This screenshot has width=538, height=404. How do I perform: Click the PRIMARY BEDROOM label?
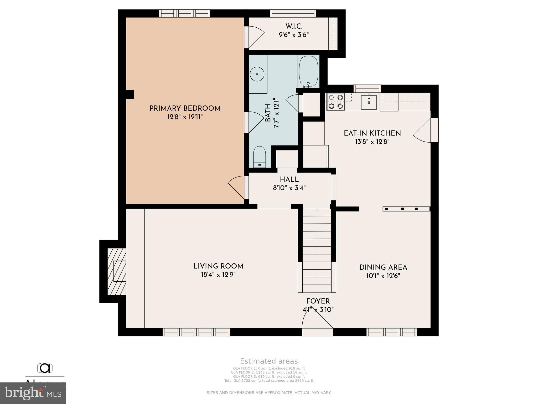(185, 108)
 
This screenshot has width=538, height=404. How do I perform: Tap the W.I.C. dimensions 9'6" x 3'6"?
(294, 35)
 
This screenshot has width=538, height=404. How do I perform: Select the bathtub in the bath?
(308, 71)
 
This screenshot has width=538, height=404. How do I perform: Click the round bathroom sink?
(257, 74)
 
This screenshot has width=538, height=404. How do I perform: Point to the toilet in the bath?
(260, 157)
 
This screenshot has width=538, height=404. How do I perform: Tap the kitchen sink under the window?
(369, 102)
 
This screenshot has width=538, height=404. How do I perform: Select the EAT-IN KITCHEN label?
(372, 133)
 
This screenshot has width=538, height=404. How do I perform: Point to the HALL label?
(289, 180)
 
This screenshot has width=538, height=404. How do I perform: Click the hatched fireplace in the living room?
(117, 271)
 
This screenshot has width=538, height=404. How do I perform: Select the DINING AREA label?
(383, 267)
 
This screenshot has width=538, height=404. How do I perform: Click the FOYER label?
(318, 301)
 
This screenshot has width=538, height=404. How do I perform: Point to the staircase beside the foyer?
(317, 250)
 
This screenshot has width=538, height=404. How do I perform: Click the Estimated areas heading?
(269, 361)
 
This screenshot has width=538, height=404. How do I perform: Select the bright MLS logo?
(33, 393)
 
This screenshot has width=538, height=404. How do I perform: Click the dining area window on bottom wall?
(391, 332)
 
